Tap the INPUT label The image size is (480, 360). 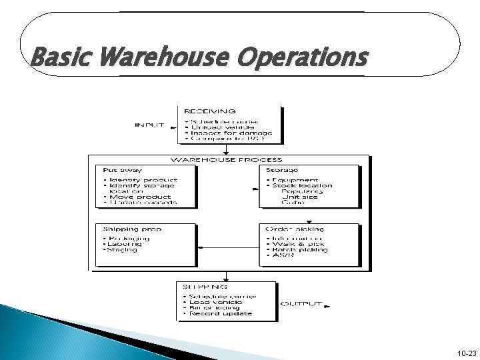click(x=150, y=124)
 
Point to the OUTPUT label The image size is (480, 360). click(x=301, y=304)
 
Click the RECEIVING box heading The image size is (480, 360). click(x=210, y=111)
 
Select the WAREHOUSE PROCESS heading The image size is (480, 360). click(x=227, y=159)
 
